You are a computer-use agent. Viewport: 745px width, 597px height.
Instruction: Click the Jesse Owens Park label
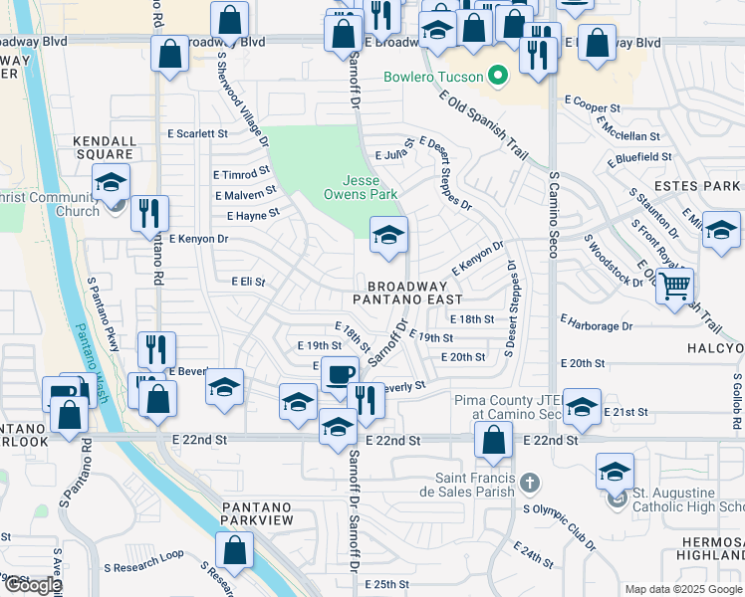[370, 187]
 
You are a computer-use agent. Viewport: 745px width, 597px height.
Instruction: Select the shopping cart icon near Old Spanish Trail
[675, 286]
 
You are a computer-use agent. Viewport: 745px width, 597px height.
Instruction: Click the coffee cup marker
[340, 374]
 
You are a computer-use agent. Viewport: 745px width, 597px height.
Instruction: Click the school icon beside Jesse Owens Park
[388, 235]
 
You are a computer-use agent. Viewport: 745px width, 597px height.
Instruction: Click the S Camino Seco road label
[552, 214]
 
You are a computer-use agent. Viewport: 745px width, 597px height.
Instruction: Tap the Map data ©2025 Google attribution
[683, 589]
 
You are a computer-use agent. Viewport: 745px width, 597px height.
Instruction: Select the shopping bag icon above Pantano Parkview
[235, 549]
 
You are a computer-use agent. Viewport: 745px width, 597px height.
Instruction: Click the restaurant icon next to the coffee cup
[367, 400]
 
